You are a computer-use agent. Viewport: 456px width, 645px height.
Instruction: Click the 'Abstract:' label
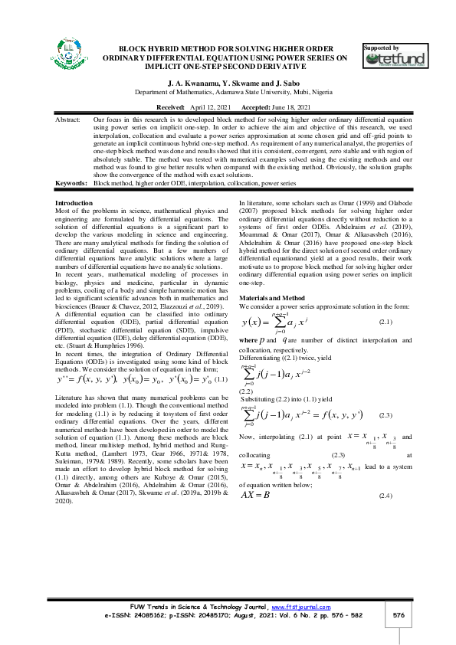point(70,121)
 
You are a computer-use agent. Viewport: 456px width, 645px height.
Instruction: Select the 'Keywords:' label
point(71,184)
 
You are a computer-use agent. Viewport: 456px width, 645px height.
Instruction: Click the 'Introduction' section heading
point(75,202)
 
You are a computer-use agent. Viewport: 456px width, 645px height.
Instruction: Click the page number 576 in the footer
point(398,616)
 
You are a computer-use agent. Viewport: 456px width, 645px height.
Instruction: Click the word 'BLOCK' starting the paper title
point(134,47)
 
